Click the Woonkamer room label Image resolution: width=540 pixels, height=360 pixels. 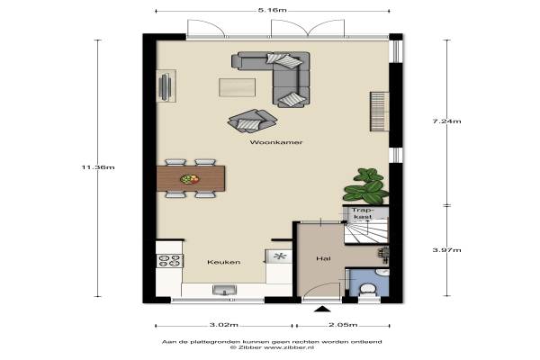click(276, 142)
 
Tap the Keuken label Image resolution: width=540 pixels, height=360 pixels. click(224, 262)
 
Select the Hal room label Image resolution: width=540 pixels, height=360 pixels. click(323, 258)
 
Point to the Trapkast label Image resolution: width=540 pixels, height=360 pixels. click(363, 213)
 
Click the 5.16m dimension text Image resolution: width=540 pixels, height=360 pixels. click(273, 10)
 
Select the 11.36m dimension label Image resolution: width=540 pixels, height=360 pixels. click(98, 167)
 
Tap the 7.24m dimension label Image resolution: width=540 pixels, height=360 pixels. click(446, 121)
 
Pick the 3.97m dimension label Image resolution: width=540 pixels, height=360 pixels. click(446, 250)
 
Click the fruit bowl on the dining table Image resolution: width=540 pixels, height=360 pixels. click(190, 179)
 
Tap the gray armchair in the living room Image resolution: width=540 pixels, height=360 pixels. click(253, 121)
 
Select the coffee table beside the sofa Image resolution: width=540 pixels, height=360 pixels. click(238, 87)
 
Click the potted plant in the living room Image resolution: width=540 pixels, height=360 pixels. click(365, 185)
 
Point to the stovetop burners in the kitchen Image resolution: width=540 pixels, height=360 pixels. click(169, 261)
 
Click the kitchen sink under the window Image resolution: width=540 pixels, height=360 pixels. click(224, 290)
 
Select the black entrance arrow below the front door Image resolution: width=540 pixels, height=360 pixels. click(322, 309)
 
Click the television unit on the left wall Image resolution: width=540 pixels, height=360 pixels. click(166, 86)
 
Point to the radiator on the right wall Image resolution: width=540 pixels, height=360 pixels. click(379, 112)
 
